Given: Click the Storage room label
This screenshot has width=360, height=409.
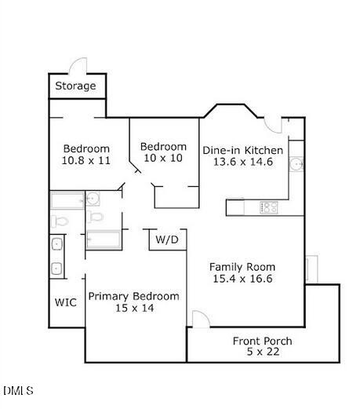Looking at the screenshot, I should coord(77,86).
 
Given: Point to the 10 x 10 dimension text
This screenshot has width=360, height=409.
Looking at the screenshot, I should coord(163,159).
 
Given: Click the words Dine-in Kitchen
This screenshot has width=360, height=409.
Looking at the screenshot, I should coord(243,149).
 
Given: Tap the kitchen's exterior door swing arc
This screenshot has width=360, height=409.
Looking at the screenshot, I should coord(272,123).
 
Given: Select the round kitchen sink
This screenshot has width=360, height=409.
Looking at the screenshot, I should coord(296,164).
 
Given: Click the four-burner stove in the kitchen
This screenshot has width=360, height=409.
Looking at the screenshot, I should coord(269,207).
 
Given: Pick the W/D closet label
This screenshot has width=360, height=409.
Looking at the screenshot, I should coord(166,239).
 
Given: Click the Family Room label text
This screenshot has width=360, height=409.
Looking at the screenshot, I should coord(243,267).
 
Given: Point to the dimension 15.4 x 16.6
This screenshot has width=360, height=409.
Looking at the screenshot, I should coord(243,279).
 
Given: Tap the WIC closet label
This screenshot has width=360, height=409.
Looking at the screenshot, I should coord(66,302).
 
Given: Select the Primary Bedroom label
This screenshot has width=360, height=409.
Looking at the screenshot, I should coord(133,296).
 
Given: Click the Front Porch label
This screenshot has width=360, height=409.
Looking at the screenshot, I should coord(263,341).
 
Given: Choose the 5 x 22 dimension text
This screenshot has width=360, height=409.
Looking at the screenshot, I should coord(263,352).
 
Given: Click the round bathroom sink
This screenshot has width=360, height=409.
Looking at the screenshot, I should coord(93,198).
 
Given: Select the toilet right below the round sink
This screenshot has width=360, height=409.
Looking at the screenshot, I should coord(94,216).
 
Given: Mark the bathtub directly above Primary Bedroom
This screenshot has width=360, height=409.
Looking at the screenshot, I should coord(103,239).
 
